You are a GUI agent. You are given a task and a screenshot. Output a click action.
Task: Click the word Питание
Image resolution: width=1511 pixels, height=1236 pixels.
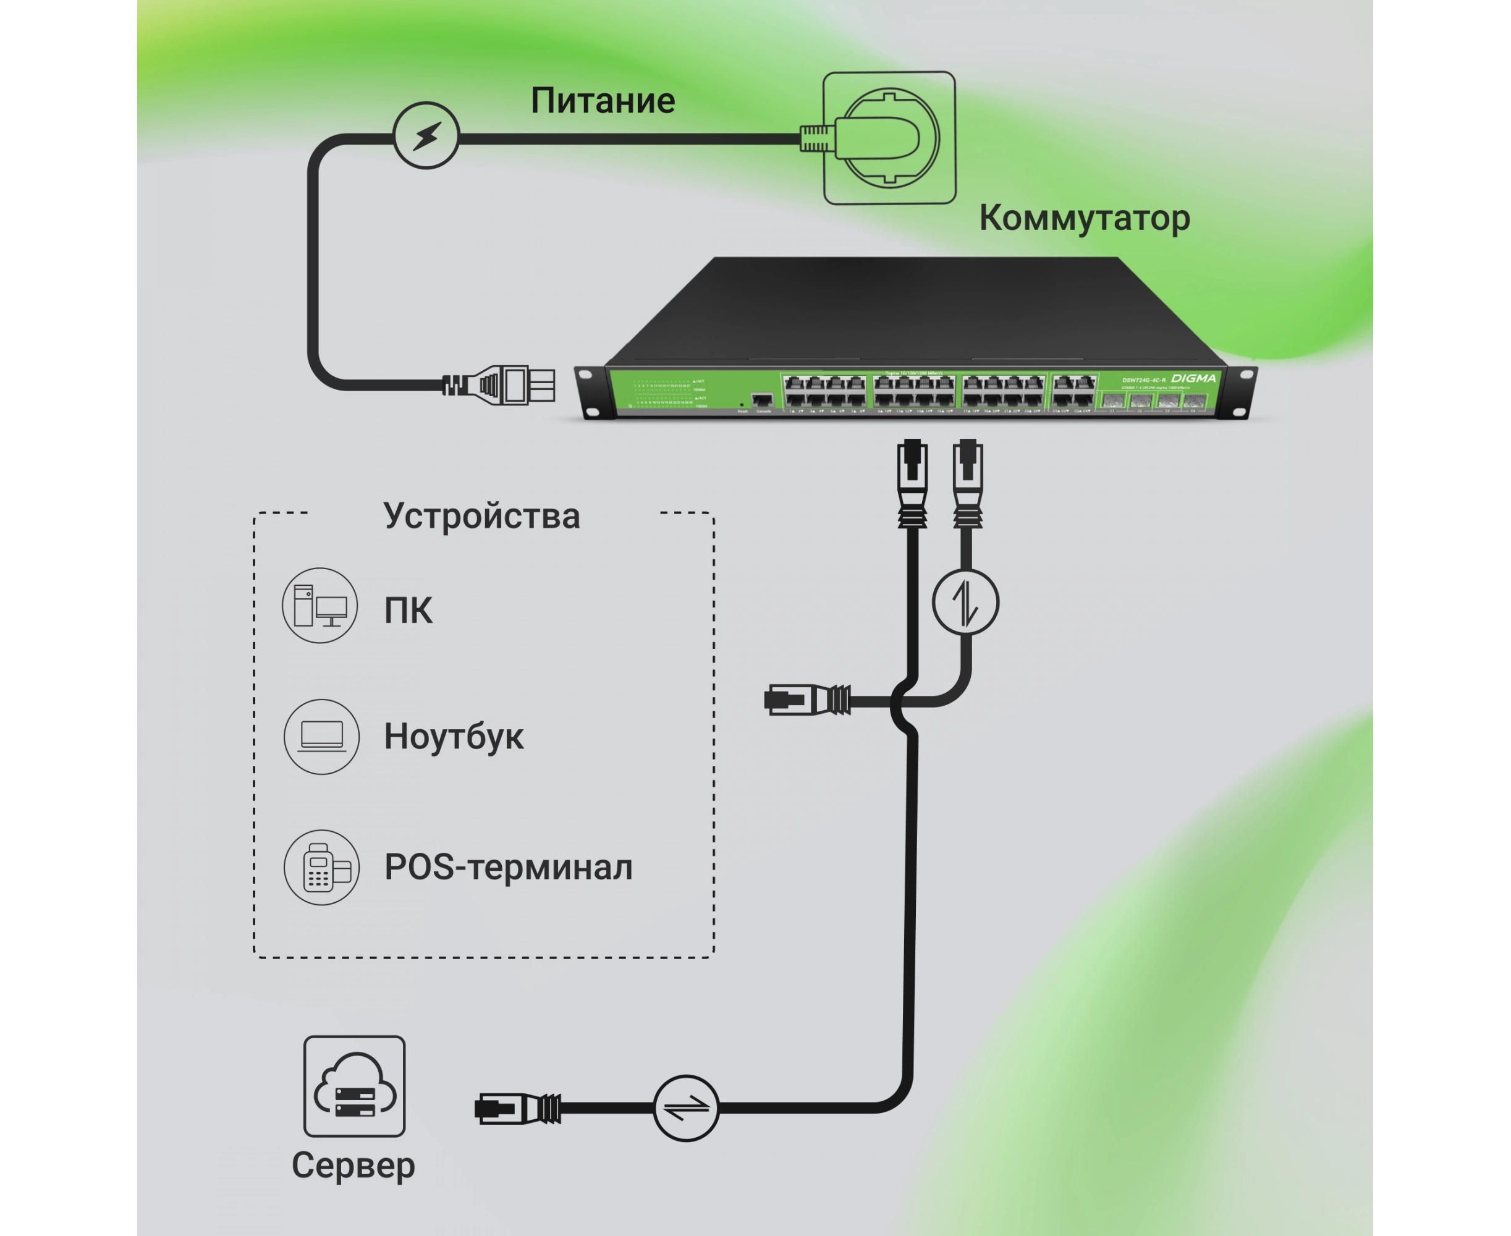click(x=603, y=100)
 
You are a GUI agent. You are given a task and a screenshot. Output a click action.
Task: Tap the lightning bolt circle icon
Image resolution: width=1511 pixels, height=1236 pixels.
click(x=426, y=135)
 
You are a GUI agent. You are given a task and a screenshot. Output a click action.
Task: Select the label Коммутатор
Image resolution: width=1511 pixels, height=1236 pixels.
click(x=1084, y=218)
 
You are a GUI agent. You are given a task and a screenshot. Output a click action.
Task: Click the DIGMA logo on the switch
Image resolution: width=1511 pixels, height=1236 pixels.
click(x=1193, y=378)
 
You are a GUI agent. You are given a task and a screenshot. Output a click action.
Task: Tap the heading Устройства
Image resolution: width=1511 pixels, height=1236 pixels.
click(x=481, y=516)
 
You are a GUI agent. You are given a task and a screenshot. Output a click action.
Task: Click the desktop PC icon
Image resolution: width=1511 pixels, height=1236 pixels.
click(x=320, y=605)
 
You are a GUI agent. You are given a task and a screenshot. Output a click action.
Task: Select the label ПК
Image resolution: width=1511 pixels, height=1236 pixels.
click(x=408, y=611)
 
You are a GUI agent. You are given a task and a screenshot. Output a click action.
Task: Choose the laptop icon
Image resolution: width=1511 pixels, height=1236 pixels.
click(x=321, y=736)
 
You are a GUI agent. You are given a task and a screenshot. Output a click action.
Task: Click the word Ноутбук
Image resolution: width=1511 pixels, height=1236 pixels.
click(x=454, y=737)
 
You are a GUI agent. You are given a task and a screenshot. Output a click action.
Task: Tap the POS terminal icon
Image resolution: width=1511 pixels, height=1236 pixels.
click(x=321, y=867)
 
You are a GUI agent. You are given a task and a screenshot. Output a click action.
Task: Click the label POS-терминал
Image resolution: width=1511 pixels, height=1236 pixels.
click(x=508, y=867)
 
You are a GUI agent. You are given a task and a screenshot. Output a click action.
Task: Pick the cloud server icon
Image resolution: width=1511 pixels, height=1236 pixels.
click(x=354, y=1086)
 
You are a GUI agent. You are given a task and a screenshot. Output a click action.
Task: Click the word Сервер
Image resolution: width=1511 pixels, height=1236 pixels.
click(x=353, y=1166)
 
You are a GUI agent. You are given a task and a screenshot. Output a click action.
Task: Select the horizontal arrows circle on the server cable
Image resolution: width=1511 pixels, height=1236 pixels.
click(x=686, y=1108)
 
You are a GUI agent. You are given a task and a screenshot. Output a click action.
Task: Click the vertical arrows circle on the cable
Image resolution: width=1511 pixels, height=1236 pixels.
click(x=965, y=602)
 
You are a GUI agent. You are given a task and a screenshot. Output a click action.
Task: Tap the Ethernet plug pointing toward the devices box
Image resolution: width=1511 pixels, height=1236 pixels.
click(x=806, y=700)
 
